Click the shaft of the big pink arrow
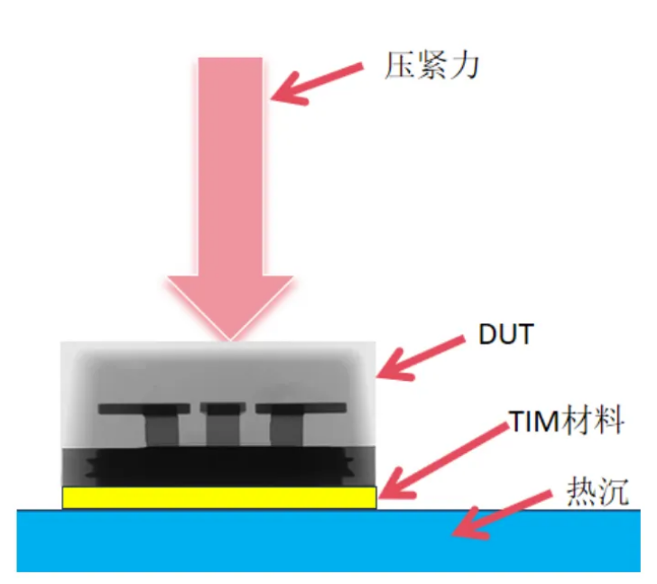pyautogui.click(x=230, y=162)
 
